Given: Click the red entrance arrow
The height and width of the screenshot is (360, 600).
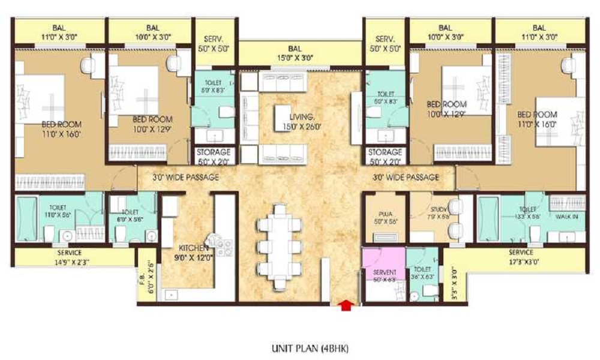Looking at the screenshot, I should click(x=346, y=305).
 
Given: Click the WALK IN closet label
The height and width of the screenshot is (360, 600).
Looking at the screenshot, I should click(x=567, y=217).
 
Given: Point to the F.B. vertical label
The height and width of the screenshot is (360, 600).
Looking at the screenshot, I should click(x=145, y=278).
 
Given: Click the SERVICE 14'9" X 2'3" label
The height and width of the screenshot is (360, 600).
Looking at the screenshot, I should click(x=66, y=257).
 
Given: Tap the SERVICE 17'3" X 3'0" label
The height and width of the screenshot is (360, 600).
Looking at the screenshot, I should click(x=520, y=257).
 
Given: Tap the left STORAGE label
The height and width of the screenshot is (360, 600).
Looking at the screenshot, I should click(x=214, y=156).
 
